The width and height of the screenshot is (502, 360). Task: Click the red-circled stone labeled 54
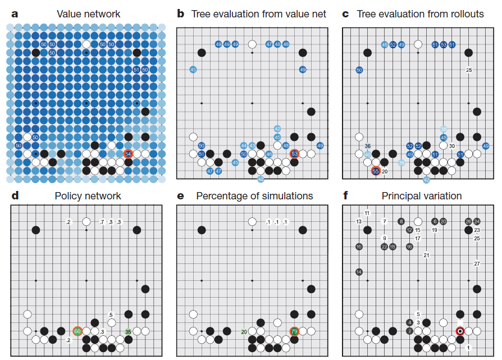(129, 154)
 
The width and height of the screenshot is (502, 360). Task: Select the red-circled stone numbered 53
(294, 154)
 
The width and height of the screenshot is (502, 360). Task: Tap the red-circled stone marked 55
(376, 171)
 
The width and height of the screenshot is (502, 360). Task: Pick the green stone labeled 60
(77, 331)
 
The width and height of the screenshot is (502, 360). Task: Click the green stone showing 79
(294, 331)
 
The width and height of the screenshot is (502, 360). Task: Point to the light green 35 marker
(128, 331)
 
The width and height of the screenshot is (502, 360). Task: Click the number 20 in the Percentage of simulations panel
(244, 331)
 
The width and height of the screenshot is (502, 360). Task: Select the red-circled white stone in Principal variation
(460, 331)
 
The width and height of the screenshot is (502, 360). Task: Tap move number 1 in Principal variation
(468, 349)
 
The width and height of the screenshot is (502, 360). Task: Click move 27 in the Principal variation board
(477, 263)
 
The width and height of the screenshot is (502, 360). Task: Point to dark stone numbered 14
(359, 272)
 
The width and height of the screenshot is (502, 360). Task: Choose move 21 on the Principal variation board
(426, 255)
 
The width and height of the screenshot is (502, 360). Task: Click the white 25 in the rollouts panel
(468, 70)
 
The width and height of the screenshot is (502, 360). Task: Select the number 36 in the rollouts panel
(367, 146)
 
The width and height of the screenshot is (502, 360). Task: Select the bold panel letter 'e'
(180, 196)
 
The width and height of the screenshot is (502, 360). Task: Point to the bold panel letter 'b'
(180, 13)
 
